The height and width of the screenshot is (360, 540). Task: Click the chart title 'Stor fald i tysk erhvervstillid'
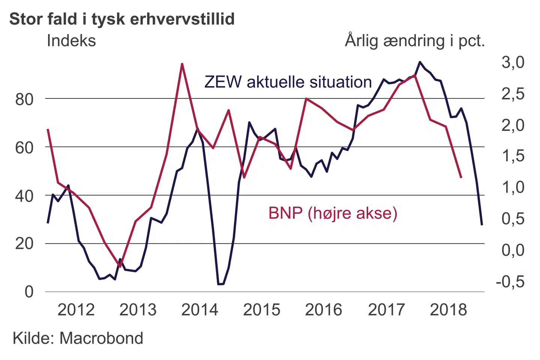click(x=122, y=19)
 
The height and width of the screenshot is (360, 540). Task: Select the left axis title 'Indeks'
click(x=71, y=40)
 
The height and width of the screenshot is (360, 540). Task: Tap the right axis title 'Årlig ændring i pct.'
click(x=415, y=40)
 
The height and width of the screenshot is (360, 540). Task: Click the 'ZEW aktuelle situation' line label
click(x=288, y=82)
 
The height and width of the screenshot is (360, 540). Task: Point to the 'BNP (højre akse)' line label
click(x=333, y=213)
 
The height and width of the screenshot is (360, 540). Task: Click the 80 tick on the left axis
click(x=24, y=99)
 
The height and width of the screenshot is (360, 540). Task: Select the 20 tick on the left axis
click(x=24, y=244)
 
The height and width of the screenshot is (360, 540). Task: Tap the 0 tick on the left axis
click(x=29, y=292)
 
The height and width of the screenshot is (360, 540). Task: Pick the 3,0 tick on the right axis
click(x=513, y=62)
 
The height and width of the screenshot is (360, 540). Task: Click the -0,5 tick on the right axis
click(x=510, y=281)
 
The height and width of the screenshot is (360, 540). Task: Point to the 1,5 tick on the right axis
click(x=513, y=156)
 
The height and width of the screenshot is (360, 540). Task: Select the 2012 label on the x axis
click(x=76, y=310)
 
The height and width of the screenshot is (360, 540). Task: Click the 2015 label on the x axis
click(x=262, y=310)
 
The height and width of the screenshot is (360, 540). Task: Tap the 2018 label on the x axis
click(x=448, y=310)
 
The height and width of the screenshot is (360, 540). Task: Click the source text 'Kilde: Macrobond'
click(x=78, y=338)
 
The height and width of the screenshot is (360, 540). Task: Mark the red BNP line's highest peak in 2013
click(x=182, y=64)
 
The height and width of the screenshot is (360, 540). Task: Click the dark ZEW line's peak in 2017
click(x=420, y=62)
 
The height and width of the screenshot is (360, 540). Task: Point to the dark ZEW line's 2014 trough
click(x=221, y=284)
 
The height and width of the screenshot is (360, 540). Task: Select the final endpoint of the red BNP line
click(x=461, y=177)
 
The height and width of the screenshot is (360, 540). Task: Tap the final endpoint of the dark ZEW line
click(x=482, y=225)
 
